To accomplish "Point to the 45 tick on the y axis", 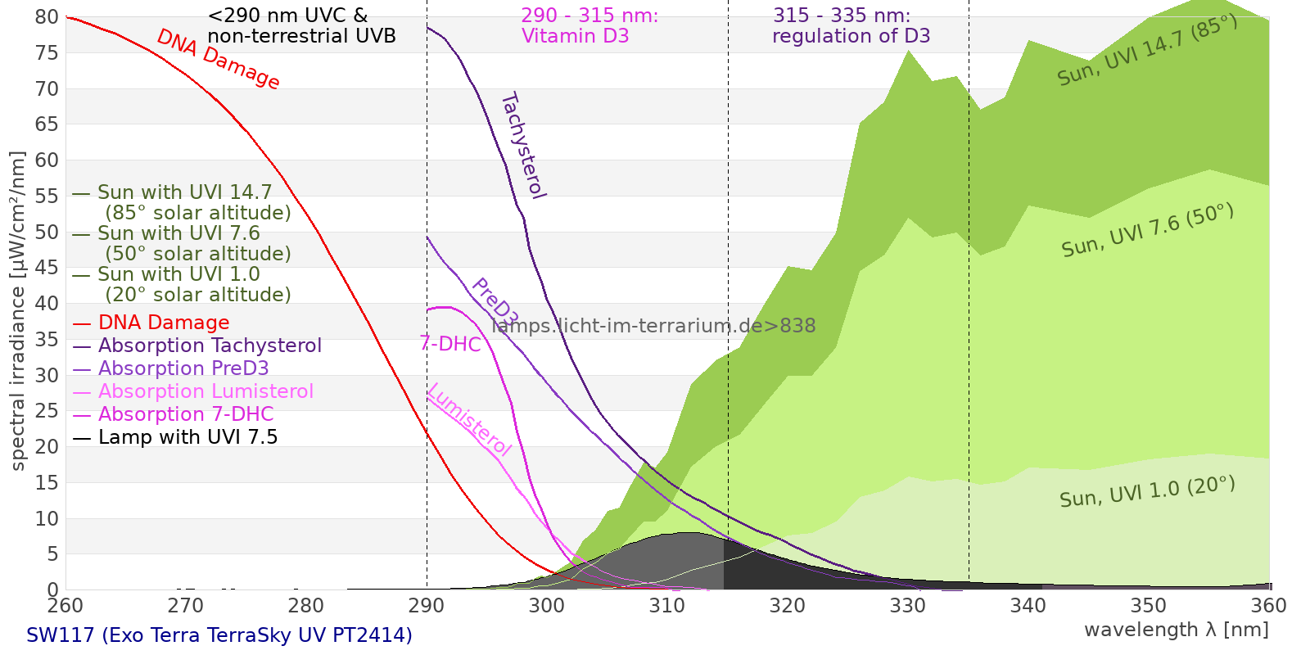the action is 47,268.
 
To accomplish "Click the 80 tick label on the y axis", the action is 47,17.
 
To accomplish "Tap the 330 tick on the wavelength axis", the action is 908,605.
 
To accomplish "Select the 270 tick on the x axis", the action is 186,605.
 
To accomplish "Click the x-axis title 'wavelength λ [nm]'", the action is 1177,630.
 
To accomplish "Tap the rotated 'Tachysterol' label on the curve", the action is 524,146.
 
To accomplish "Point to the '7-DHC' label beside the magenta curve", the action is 450,345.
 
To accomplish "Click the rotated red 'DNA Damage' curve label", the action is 218,60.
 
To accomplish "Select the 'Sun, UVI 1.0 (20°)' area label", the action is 1147,492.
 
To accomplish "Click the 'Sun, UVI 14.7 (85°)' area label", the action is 1147,50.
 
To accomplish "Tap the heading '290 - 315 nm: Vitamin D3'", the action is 589,25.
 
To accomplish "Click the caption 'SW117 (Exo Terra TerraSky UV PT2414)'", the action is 219,635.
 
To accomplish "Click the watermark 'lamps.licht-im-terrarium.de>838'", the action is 654,326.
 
